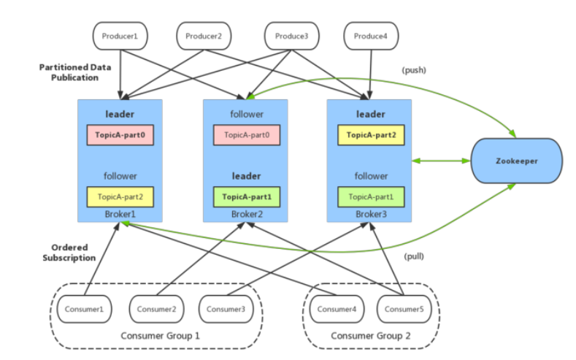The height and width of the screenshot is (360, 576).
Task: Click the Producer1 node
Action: (x=120, y=36)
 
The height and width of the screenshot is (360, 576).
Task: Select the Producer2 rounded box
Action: (x=204, y=36)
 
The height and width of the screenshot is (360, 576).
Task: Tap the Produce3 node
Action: (x=292, y=36)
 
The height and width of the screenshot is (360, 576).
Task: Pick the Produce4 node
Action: (x=371, y=36)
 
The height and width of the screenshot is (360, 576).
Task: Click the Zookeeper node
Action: (x=516, y=161)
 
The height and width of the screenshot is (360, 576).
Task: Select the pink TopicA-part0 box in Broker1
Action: (x=120, y=135)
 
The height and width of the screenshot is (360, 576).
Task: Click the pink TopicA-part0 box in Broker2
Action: (x=247, y=135)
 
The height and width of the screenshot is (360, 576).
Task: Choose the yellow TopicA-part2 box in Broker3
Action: (x=371, y=135)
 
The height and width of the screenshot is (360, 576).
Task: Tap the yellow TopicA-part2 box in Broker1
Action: (x=120, y=197)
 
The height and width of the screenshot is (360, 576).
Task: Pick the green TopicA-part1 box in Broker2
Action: (x=247, y=197)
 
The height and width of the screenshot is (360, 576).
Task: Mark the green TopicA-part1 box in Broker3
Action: (x=371, y=197)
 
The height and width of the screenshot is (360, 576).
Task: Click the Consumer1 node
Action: (x=85, y=310)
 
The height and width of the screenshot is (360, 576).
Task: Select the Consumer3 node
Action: (x=226, y=310)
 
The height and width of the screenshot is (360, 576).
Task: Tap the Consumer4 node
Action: (x=337, y=310)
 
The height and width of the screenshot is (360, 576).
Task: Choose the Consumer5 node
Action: (x=404, y=310)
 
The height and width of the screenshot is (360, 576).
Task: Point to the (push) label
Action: (x=414, y=70)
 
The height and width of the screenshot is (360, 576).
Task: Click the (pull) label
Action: (x=414, y=256)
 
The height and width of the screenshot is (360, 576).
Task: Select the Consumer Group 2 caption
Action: (x=371, y=336)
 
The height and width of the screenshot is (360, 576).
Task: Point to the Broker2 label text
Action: (x=247, y=214)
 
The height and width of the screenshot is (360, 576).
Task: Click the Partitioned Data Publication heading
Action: (x=75, y=72)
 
